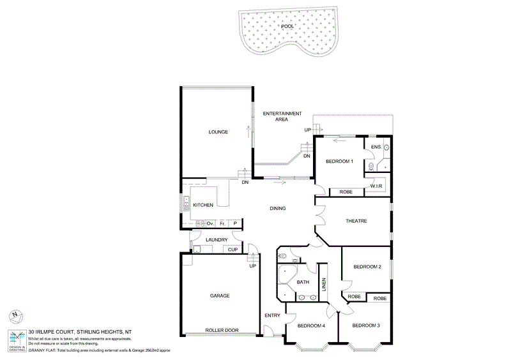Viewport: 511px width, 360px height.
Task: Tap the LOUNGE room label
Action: [x=218, y=132]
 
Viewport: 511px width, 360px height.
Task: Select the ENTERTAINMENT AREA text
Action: [x=282, y=116]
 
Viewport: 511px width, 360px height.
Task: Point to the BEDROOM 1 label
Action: [x=340, y=161]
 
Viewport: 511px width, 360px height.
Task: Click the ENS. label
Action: [x=376, y=147]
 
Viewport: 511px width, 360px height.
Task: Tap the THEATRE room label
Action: [x=356, y=221]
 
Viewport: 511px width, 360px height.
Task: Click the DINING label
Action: [x=277, y=208]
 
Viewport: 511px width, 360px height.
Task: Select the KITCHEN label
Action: [x=202, y=205]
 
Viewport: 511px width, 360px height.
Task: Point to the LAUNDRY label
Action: [x=217, y=239]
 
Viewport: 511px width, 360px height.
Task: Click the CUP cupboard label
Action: [x=233, y=249]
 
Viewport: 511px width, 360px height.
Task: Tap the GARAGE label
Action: [x=219, y=296]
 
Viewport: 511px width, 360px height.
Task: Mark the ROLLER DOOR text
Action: [x=222, y=330]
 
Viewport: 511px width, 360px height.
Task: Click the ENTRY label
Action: [x=272, y=316]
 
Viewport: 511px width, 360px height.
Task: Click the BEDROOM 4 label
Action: [x=311, y=326]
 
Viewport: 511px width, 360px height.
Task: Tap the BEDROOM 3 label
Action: [x=366, y=326]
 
